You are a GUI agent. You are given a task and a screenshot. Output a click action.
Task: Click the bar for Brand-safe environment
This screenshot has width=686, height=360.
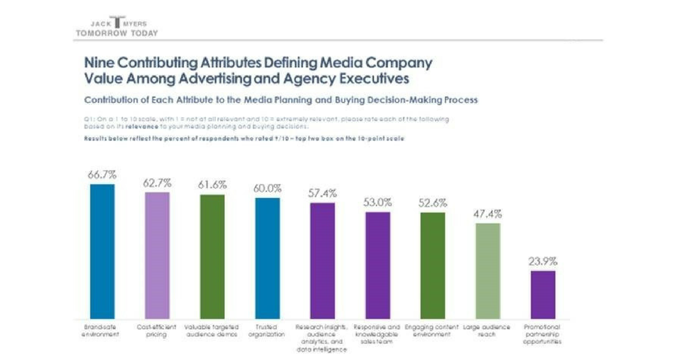click(x=102, y=251)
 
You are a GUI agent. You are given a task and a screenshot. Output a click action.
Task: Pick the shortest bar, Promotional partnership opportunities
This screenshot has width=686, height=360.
click(x=543, y=295)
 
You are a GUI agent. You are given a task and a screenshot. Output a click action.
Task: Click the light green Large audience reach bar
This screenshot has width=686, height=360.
click(x=488, y=271)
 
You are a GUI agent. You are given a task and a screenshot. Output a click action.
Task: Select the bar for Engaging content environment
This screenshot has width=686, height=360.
click(x=432, y=266)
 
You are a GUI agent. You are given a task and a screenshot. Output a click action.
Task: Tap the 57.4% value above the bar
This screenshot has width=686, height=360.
click(x=322, y=193)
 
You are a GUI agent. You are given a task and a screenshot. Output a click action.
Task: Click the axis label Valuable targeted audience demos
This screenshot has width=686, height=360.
click(x=212, y=331)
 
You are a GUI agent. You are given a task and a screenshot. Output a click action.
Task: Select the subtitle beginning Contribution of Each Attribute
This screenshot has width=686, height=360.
click(x=281, y=100)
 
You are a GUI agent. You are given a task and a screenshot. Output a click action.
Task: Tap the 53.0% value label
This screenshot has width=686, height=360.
click(x=377, y=202)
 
